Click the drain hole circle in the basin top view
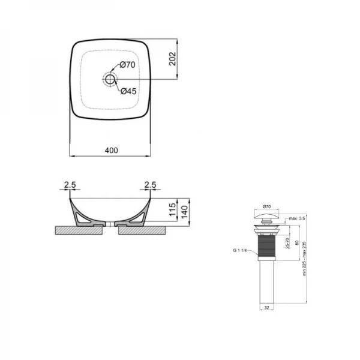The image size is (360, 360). (110, 79)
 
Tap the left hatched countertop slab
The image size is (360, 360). (78, 230)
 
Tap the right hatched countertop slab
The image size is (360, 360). (144, 230)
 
